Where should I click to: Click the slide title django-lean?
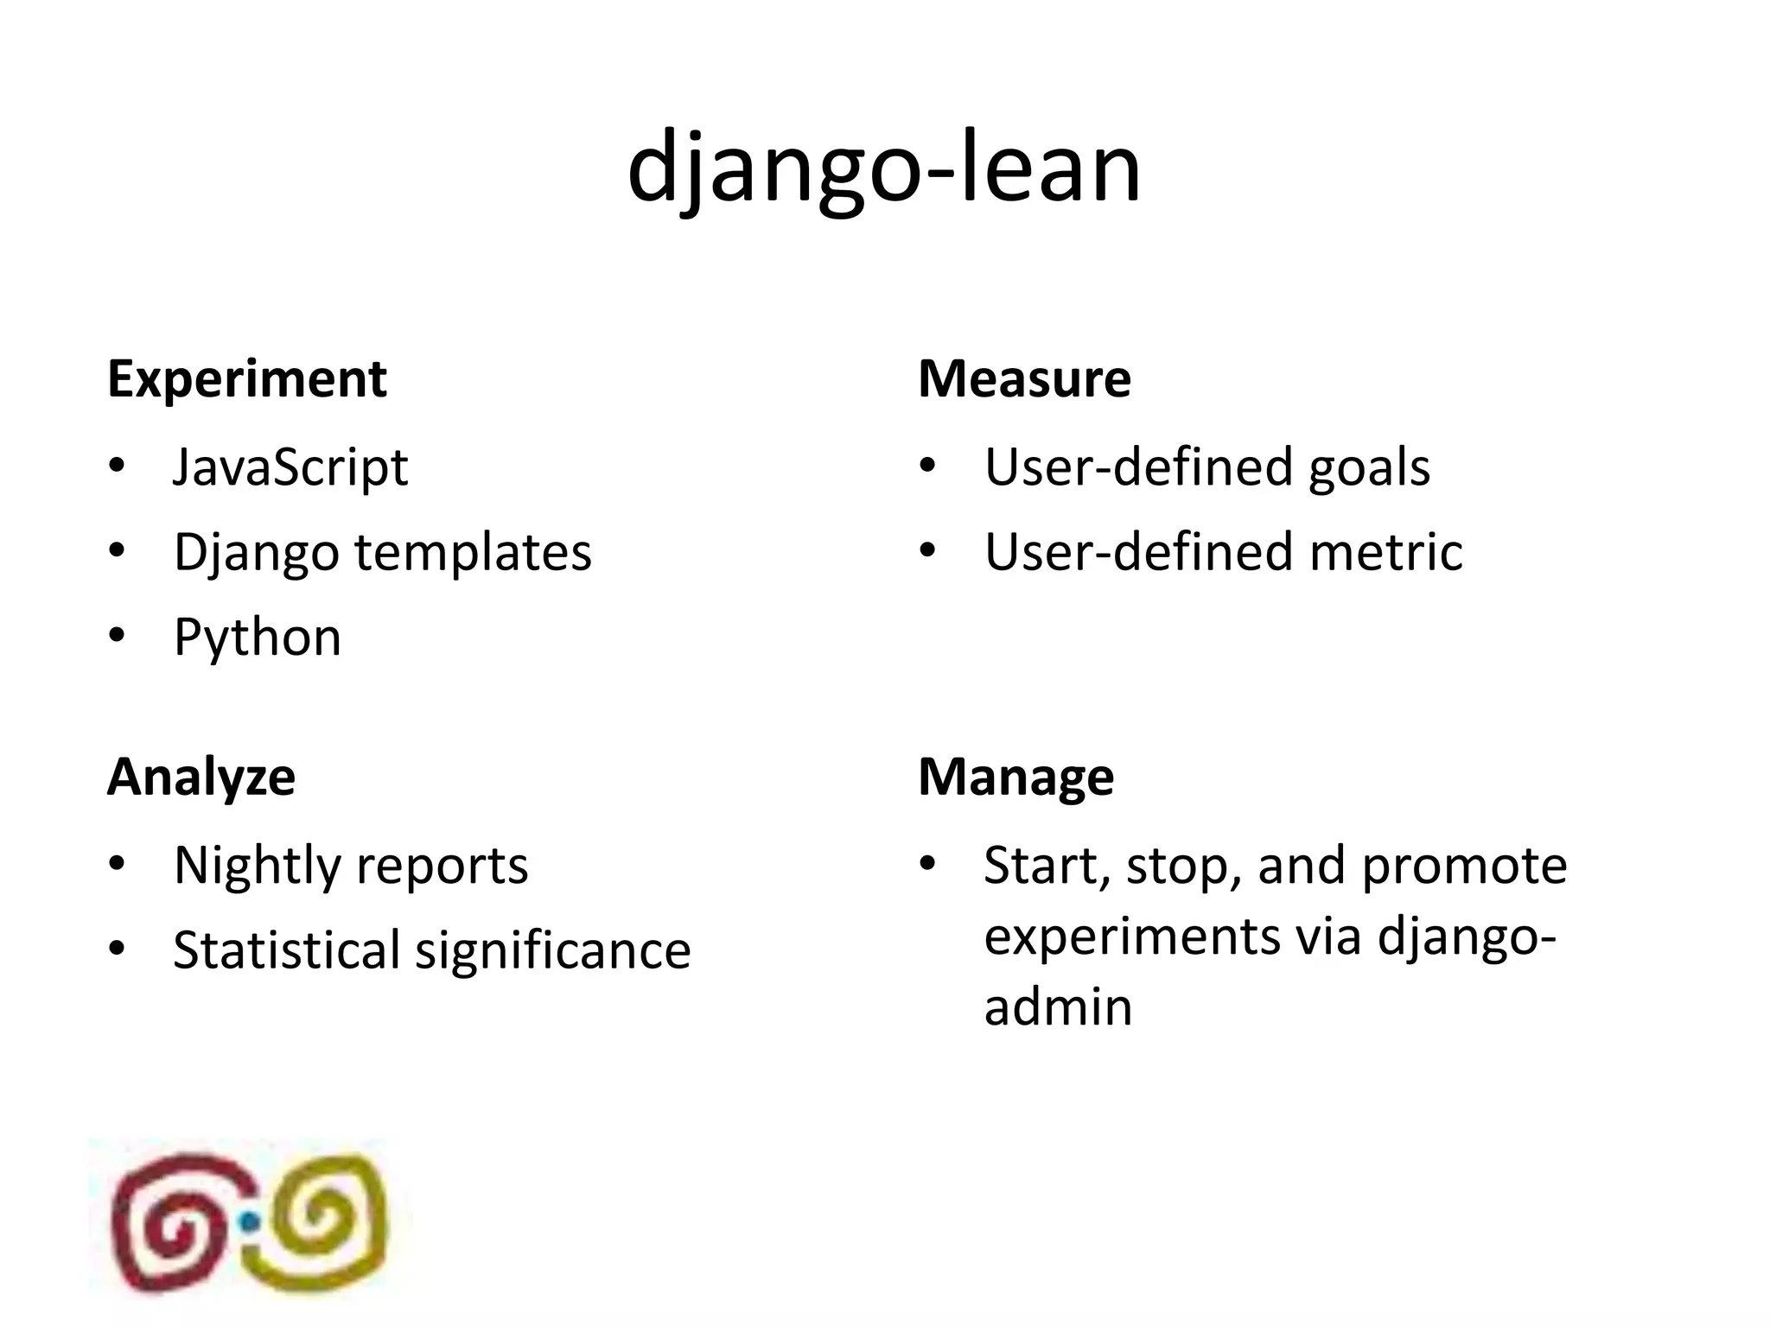884,168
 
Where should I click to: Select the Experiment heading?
247,379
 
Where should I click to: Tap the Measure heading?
1024,379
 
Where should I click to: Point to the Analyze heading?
201,777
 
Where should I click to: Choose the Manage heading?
1016,777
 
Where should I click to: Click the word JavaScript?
290,467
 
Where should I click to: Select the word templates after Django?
474,552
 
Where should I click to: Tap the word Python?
258,638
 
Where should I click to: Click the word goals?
1369,467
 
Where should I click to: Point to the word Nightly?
256,865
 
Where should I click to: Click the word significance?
553,950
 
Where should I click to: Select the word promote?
1464,865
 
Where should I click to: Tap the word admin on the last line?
1058,1007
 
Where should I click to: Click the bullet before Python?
118,638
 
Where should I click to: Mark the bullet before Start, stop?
928,865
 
